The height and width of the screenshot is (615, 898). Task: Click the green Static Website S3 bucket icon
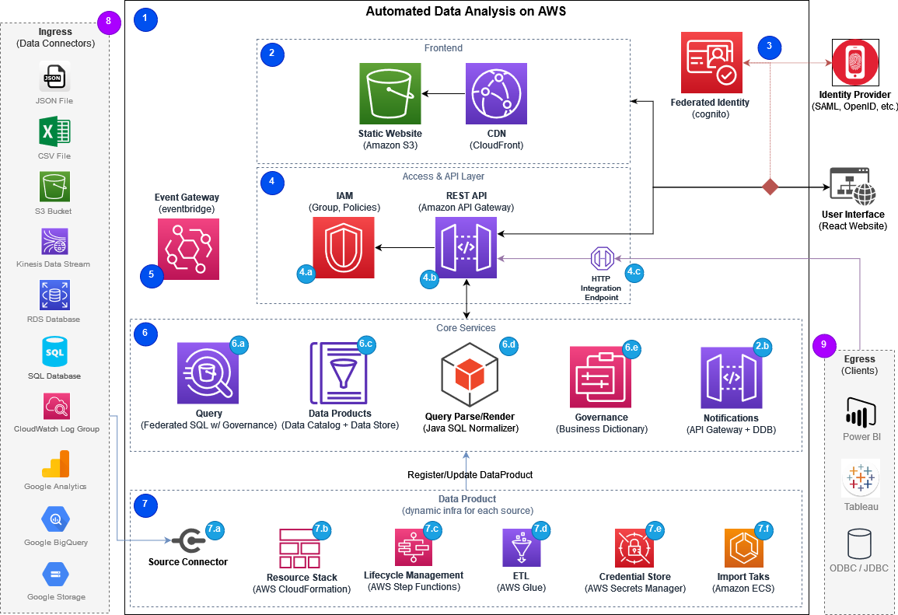390,94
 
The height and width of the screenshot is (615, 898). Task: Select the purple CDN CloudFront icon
496,94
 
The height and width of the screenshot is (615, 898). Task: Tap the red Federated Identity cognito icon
711,63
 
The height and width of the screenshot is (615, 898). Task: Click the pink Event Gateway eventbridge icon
188,249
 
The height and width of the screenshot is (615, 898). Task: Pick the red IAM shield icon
344,247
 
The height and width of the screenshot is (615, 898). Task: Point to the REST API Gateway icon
466,248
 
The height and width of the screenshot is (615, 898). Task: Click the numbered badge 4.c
634,272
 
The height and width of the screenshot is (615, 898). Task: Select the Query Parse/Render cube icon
470,376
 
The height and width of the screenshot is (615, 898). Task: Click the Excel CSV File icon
54,132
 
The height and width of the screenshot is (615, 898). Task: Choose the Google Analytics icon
54,465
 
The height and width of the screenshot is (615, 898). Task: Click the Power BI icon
860,412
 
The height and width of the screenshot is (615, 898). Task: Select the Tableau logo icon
860,478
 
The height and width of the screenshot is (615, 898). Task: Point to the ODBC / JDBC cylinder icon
860,544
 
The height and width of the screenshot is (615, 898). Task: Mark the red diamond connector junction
770,187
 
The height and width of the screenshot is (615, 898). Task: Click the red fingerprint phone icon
855,62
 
